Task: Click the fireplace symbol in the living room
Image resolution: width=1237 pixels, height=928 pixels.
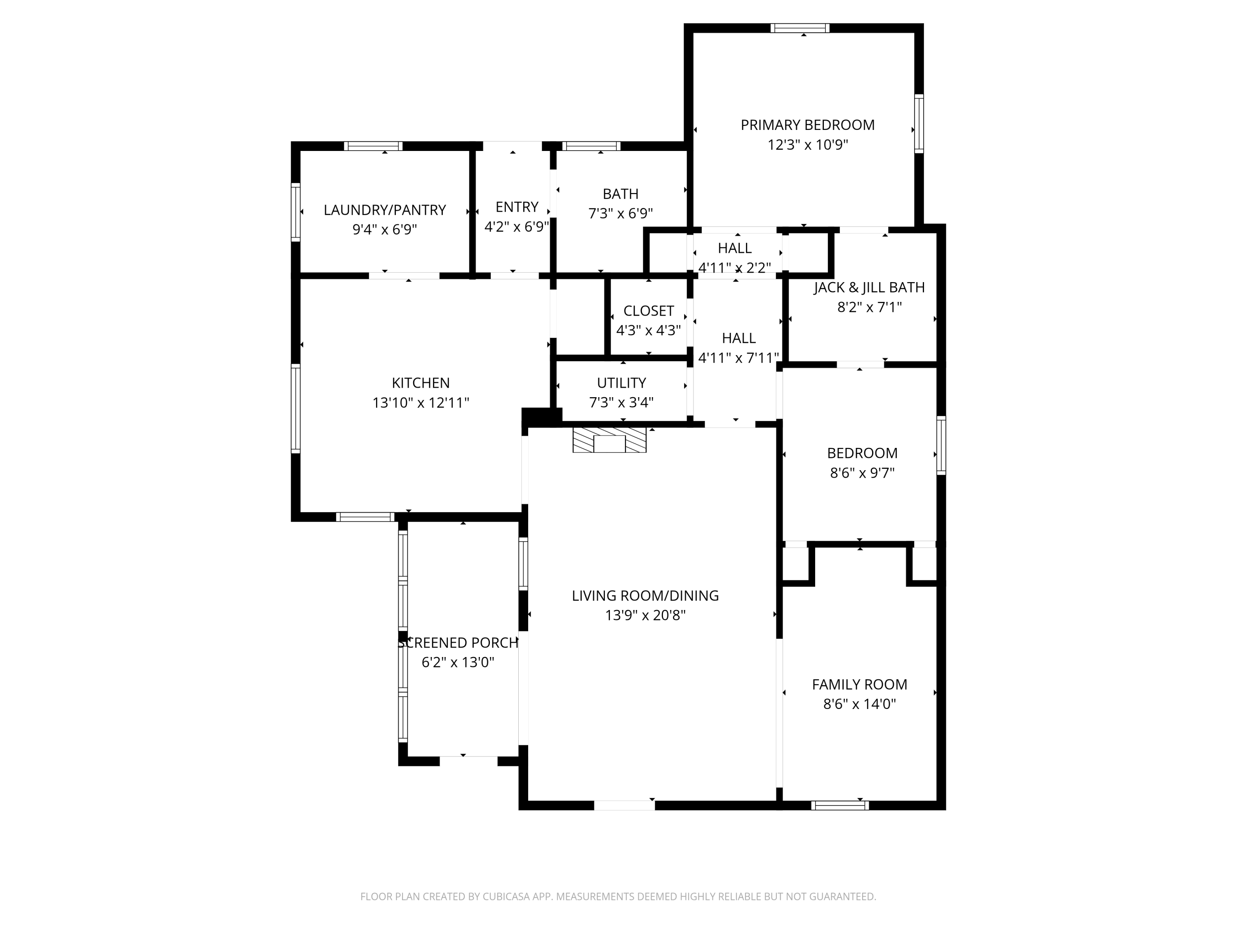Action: click(609, 440)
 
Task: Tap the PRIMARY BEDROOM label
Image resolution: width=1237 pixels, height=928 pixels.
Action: click(807, 125)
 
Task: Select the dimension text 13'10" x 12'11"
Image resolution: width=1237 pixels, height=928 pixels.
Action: click(421, 403)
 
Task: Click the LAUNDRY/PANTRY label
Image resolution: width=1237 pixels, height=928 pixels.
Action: click(385, 210)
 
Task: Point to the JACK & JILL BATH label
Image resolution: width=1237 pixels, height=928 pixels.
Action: click(869, 287)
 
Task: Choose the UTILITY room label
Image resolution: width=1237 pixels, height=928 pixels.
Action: click(621, 383)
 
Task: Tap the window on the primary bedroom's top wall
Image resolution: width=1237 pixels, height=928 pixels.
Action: click(800, 28)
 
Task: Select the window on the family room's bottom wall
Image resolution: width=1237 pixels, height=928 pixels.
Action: click(840, 806)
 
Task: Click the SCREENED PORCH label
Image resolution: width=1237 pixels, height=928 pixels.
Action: click(458, 643)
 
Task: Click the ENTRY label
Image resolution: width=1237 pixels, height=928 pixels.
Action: click(517, 207)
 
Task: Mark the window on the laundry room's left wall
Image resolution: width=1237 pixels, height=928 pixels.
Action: click(296, 212)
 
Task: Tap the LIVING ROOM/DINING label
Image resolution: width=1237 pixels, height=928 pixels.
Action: click(645, 596)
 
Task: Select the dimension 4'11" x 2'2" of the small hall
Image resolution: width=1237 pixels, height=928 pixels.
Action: click(735, 268)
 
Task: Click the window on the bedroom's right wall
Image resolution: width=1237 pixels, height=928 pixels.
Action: click(941, 446)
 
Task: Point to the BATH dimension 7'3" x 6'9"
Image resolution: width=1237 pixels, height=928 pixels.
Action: click(620, 214)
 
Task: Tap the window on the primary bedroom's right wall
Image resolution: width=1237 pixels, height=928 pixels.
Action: click(919, 124)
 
